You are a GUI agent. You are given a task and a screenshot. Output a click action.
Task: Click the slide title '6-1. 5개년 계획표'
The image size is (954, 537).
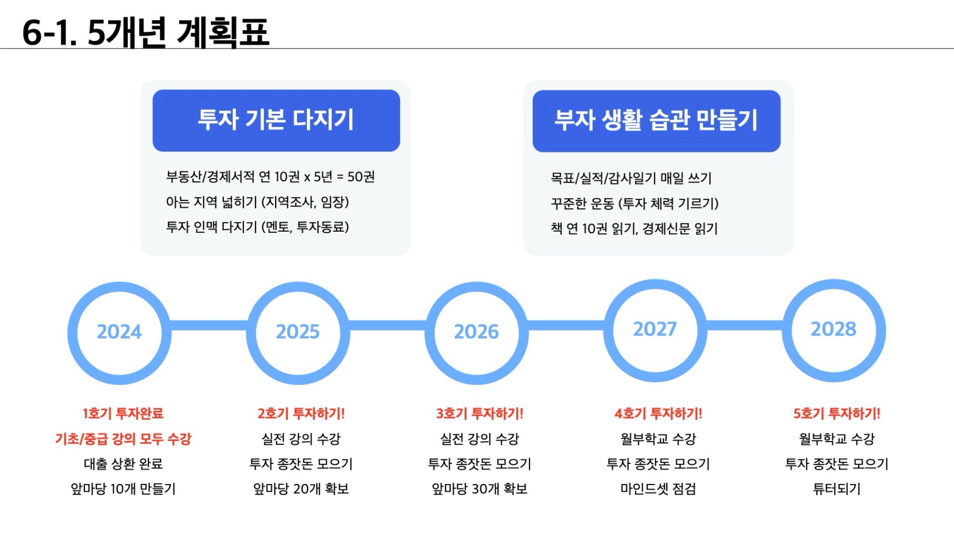(x=146, y=32)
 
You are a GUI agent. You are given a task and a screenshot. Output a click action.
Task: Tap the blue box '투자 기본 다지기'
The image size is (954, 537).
(x=276, y=121)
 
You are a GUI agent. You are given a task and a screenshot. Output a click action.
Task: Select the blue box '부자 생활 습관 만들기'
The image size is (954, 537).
(x=656, y=121)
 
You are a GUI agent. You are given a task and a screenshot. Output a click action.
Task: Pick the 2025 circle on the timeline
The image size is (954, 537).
(x=250, y=333)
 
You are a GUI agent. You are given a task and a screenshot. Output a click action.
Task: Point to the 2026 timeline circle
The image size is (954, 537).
(x=430, y=333)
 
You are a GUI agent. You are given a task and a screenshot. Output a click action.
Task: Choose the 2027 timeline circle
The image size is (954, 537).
(x=608, y=330)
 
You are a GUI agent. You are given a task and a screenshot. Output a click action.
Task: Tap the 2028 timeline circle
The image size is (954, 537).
(x=787, y=330)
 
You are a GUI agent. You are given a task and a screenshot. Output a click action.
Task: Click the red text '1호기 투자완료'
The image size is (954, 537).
(x=123, y=414)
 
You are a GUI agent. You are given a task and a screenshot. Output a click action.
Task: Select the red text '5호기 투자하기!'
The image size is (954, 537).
(x=836, y=414)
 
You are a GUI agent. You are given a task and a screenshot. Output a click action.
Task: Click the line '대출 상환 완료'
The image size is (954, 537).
(x=123, y=464)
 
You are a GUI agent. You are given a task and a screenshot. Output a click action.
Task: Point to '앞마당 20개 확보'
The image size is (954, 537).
(x=301, y=489)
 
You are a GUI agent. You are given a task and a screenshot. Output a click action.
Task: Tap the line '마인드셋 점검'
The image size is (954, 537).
(x=658, y=489)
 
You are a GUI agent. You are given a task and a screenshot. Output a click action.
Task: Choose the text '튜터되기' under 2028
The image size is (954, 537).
(x=836, y=489)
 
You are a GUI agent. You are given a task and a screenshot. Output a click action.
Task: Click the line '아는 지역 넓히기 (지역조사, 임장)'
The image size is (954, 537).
(x=257, y=202)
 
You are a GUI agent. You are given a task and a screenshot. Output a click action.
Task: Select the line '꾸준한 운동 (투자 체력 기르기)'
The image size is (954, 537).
(x=634, y=204)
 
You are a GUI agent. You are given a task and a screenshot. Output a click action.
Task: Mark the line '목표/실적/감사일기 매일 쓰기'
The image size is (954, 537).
(x=631, y=178)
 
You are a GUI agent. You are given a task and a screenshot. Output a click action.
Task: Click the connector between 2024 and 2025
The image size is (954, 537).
(x=209, y=325)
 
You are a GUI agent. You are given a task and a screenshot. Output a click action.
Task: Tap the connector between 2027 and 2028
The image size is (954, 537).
(x=744, y=325)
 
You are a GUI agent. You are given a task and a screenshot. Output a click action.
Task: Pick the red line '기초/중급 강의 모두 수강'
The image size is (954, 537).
(x=123, y=439)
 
